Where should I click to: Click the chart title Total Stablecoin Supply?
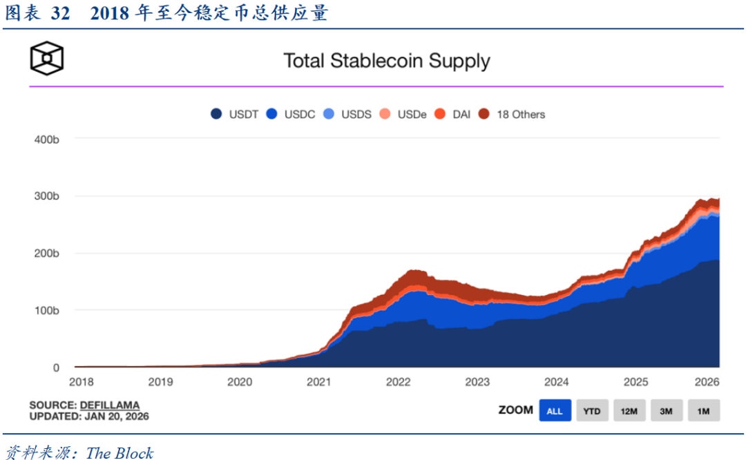pos(387,61)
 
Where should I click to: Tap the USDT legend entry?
pos(235,115)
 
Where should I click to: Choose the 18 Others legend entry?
pos(512,115)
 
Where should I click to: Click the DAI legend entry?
pos(453,115)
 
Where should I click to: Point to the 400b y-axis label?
pos(46,140)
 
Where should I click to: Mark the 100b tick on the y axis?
pos(46,311)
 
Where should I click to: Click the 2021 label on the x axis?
pos(318,382)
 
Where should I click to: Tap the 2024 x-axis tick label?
pos(556,382)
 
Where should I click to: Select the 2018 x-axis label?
pos(82,382)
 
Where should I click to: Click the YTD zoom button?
pos(591,411)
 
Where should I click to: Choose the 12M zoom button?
pos(629,411)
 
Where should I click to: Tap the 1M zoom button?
pos(703,411)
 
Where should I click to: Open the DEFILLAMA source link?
pos(109,405)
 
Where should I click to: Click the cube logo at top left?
pos(46,59)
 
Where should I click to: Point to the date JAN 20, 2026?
pos(116,416)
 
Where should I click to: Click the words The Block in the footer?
pos(119,453)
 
